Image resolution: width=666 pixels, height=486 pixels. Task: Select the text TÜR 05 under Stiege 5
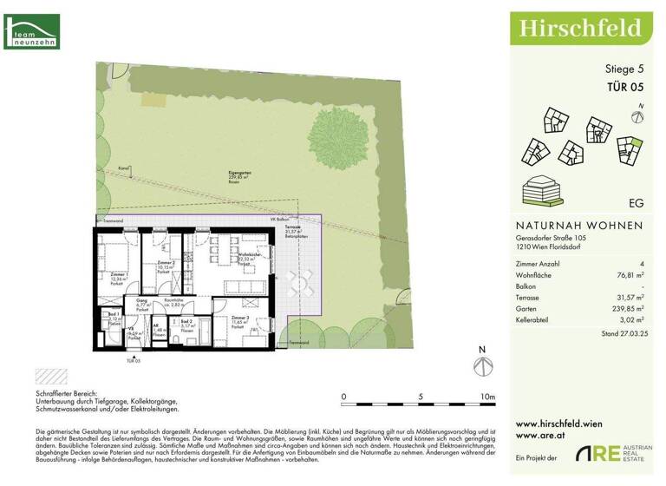pyautogui.click(x=624, y=86)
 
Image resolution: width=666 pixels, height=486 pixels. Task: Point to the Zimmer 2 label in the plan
pyautogui.click(x=166, y=264)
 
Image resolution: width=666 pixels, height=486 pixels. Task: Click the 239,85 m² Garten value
pyautogui.click(x=627, y=306)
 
